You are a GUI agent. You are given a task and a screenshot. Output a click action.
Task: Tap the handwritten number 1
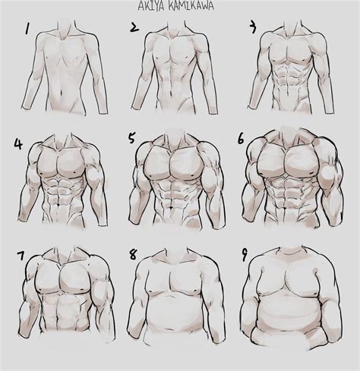(x=29, y=31)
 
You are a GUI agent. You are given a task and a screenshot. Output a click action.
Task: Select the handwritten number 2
(x=134, y=28)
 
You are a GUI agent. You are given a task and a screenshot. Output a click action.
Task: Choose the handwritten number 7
(x=21, y=254)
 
